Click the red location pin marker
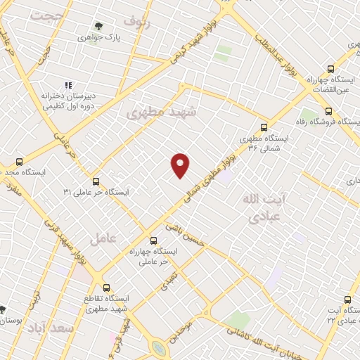[181, 165]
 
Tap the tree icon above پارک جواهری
[98, 26]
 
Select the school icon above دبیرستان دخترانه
[68, 85]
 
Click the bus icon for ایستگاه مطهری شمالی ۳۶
[264, 127]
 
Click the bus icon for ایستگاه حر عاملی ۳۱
[96, 181]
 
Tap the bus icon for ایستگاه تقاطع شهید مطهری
[107, 288]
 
